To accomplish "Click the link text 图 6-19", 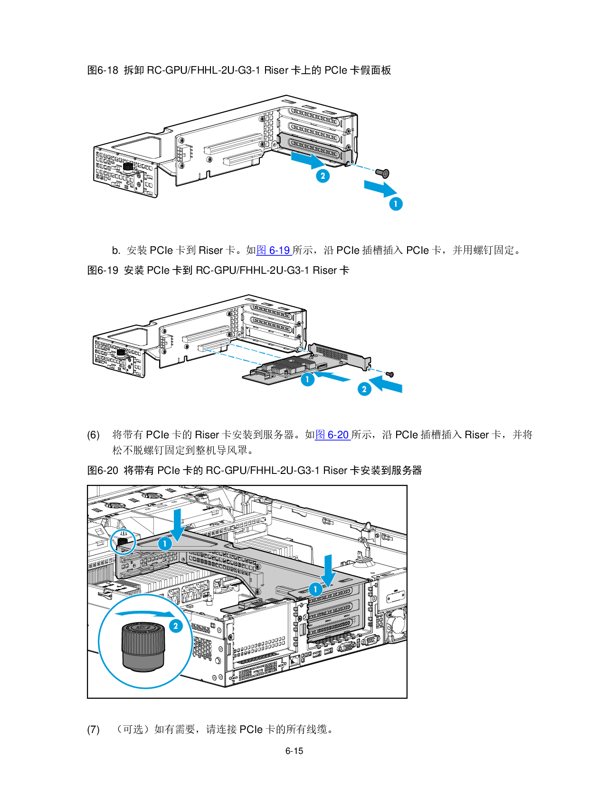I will click(x=274, y=250).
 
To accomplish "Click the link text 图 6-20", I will click(x=332, y=434).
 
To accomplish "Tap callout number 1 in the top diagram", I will click(x=396, y=204).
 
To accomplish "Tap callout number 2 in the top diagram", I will click(x=323, y=176).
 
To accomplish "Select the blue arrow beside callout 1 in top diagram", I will click(x=380, y=188).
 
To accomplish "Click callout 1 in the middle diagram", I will click(x=308, y=379).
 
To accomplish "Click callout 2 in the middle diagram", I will click(x=364, y=389).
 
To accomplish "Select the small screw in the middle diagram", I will click(x=390, y=375).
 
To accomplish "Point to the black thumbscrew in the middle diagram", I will click(x=121, y=353).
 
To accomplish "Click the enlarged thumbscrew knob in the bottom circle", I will click(x=143, y=646).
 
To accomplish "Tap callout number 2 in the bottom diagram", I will click(x=176, y=626).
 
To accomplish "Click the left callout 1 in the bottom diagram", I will click(x=165, y=543).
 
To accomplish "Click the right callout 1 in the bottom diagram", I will click(x=315, y=589).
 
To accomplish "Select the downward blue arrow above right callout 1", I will click(x=328, y=569).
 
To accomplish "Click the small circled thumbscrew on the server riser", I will click(x=123, y=541).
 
